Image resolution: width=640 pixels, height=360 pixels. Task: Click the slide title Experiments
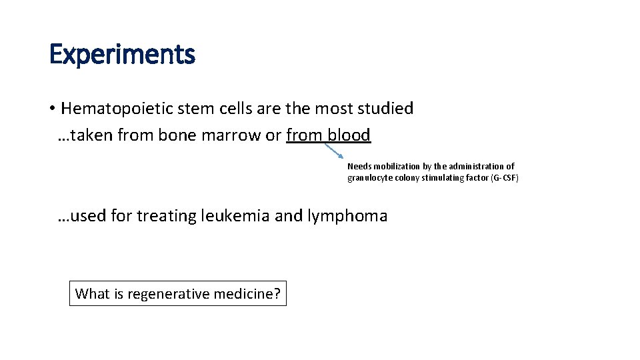point(122,55)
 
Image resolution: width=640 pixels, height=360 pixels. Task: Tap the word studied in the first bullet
point(385,109)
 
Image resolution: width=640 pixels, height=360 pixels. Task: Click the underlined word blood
point(349,135)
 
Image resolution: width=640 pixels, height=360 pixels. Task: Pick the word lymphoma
point(347,216)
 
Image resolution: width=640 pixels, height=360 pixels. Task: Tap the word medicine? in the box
point(247,293)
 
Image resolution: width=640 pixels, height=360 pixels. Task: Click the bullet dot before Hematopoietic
point(51,109)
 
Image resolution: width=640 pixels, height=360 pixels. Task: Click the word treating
point(165,216)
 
